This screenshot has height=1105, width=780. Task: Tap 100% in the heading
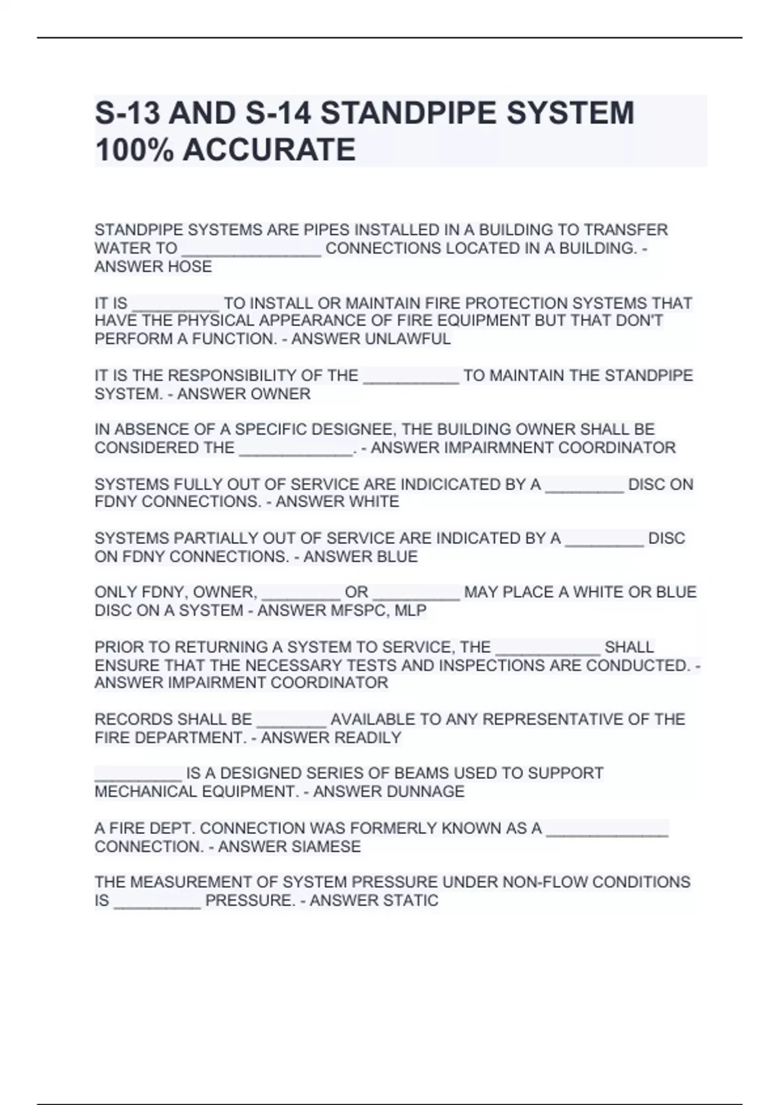[134, 149]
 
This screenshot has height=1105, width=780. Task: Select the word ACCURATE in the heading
[269, 149]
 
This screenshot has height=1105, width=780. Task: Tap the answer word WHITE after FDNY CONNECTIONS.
[374, 502]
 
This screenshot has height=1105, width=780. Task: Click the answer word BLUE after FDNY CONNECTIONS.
[396, 556]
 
